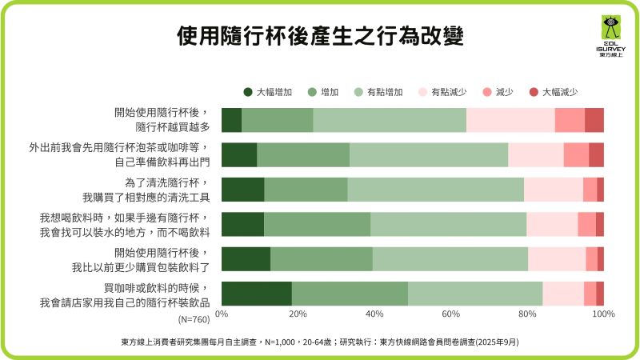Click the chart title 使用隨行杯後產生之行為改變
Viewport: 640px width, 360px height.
tap(320, 37)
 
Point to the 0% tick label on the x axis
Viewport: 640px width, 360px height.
tap(222, 314)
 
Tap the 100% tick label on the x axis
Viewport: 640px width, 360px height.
tap(602, 314)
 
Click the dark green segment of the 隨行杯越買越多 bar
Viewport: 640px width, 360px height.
tap(231, 119)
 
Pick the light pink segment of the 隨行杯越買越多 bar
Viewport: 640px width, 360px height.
tap(510, 119)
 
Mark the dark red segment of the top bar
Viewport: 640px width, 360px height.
tap(594, 119)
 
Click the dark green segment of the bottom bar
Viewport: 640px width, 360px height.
tap(256, 294)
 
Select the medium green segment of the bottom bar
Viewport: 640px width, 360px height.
tap(350, 294)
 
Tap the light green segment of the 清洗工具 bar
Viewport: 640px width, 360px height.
tap(435, 190)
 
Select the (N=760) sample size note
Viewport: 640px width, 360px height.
tap(194, 319)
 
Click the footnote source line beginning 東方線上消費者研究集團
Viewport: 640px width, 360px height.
tap(320, 341)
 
